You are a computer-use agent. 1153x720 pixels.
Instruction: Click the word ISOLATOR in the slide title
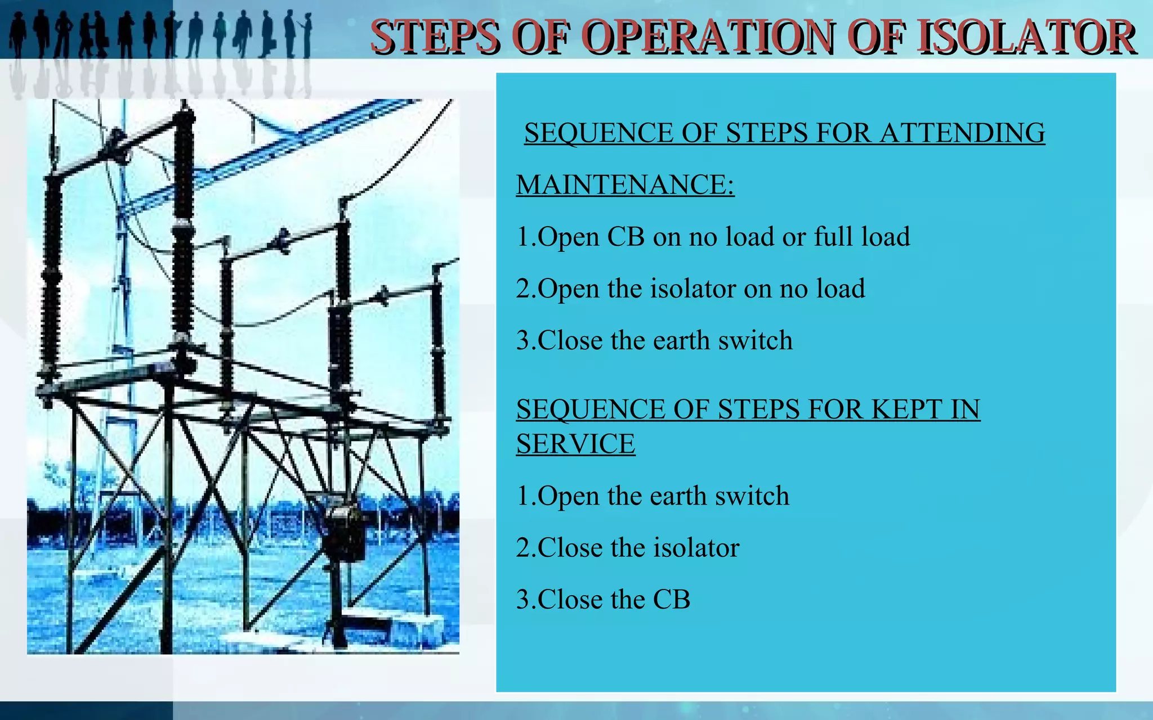[1026, 37]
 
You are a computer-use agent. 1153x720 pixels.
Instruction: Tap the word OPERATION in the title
[709, 37]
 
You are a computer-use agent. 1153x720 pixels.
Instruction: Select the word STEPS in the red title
[435, 37]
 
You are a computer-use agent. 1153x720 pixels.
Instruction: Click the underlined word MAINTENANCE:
[625, 185]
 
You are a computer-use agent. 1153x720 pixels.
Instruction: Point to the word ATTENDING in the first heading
[962, 133]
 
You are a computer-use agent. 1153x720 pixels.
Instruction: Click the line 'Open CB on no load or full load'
[713, 237]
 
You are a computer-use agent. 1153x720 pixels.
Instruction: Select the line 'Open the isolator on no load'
[690, 289]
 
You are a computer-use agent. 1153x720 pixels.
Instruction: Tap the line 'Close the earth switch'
[654, 340]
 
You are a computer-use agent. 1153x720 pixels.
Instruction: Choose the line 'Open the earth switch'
[653, 496]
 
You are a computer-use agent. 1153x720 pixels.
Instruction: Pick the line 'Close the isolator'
[627, 548]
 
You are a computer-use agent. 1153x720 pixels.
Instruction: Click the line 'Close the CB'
[603, 600]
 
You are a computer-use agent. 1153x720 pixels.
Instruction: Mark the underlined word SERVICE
[575, 444]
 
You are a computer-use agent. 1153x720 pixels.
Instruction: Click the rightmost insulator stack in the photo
[438, 343]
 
